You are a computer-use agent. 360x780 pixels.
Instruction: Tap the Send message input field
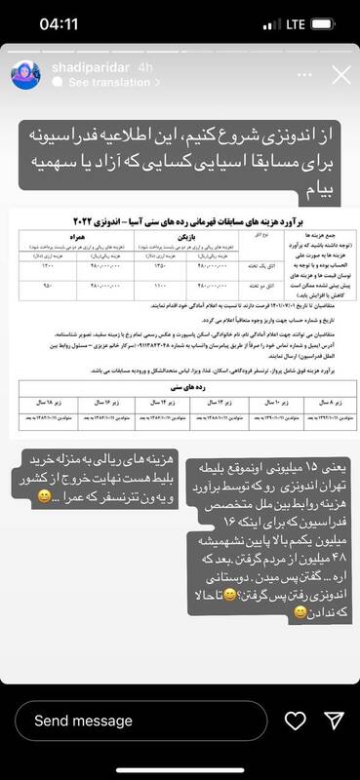coord(137,721)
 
